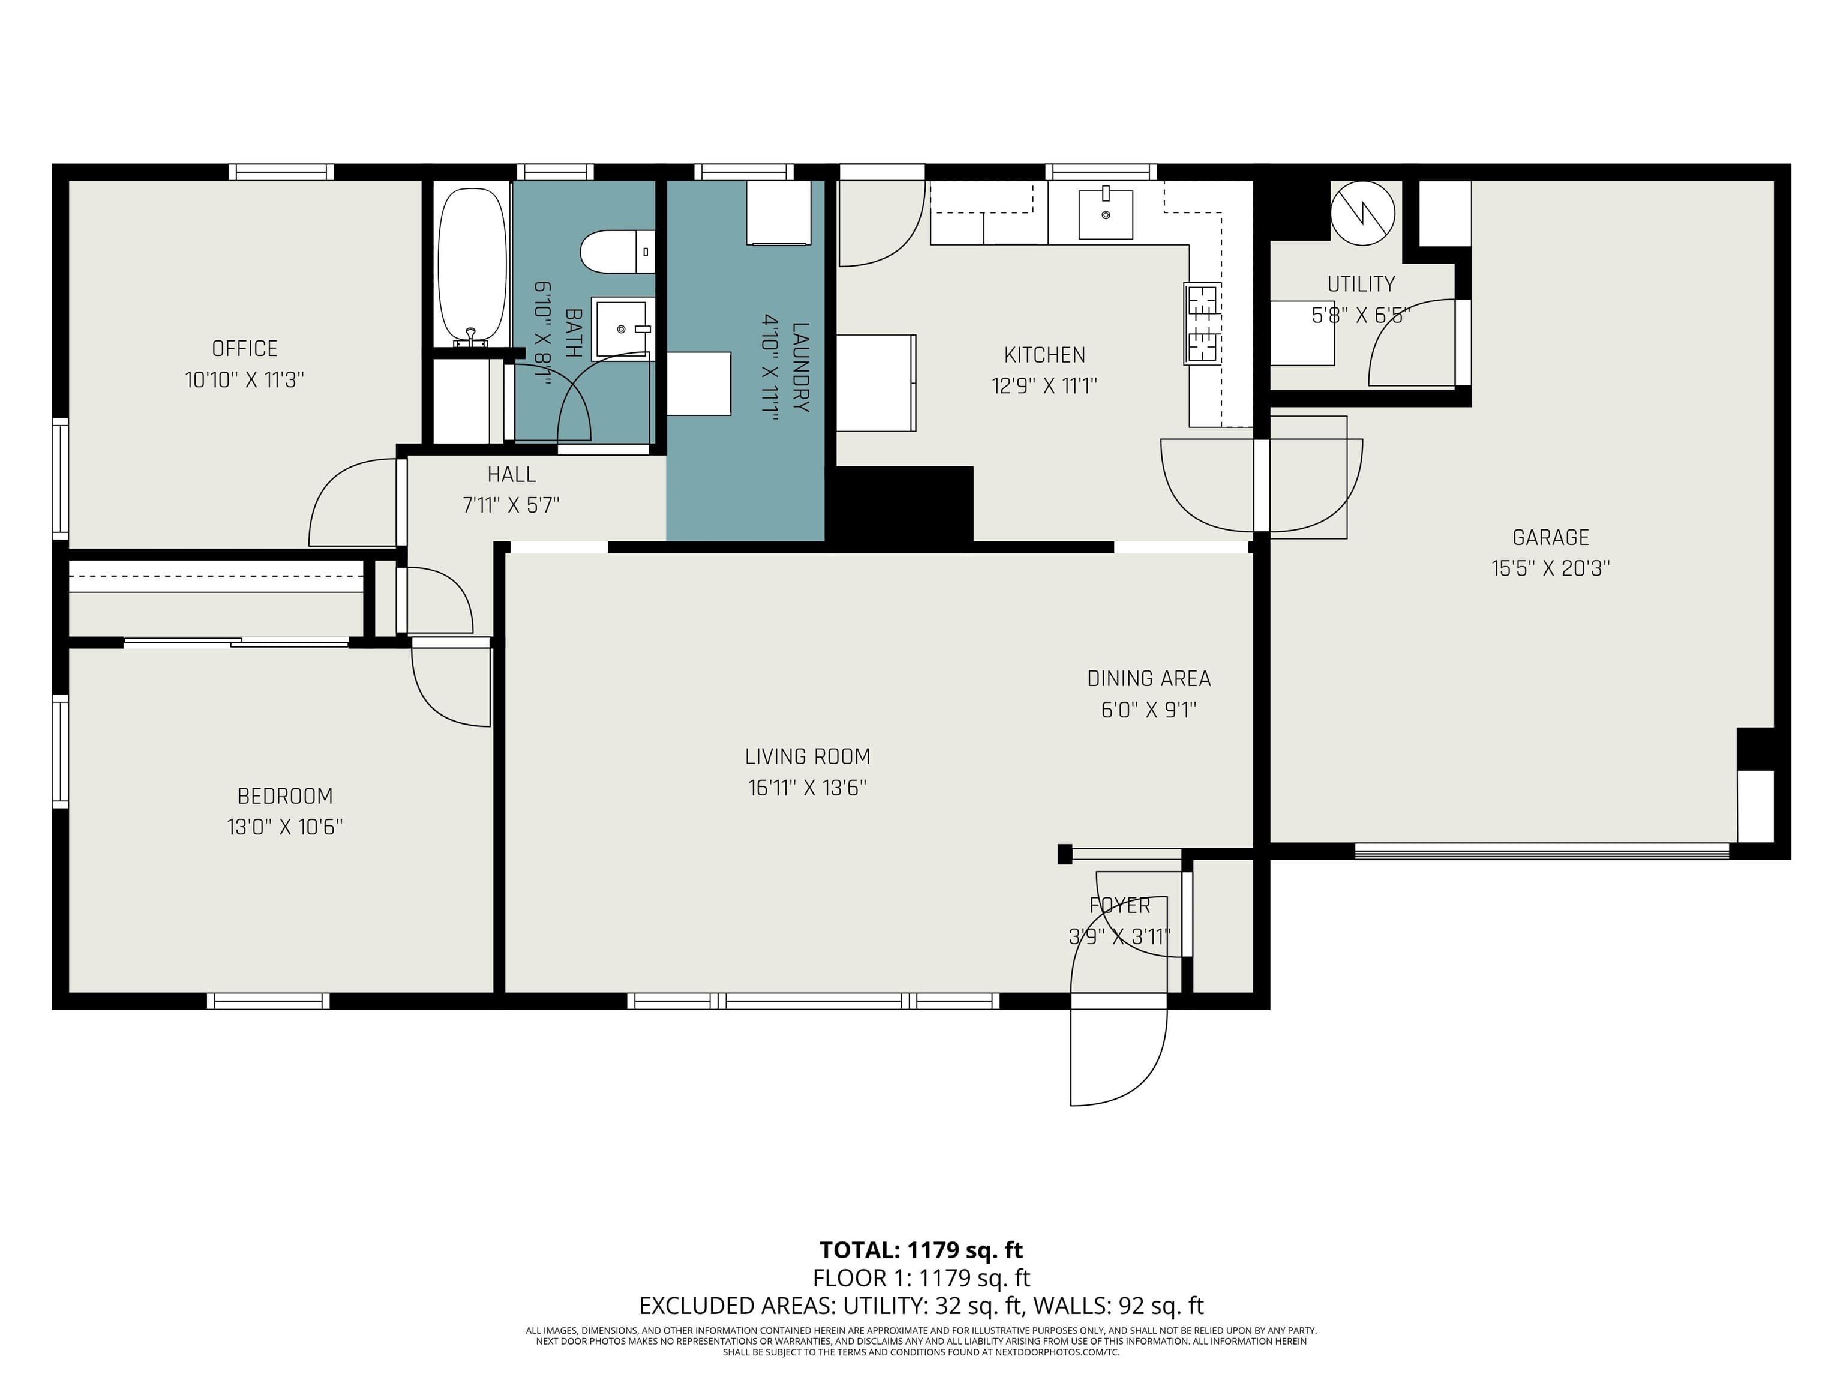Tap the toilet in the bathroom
pos(616,252)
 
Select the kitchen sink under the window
pos(1106,214)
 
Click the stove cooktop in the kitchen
pos(1202,324)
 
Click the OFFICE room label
pos(244,349)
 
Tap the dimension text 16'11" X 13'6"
pos(808,788)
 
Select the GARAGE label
pos(1551,538)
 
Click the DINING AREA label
pos(1148,678)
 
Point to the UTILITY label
pos(1361,285)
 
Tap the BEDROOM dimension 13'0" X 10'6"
pos(285,827)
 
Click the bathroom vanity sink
pos(622,328)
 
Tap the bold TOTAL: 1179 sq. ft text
pos(921,1250)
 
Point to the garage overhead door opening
pos(1541,851)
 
